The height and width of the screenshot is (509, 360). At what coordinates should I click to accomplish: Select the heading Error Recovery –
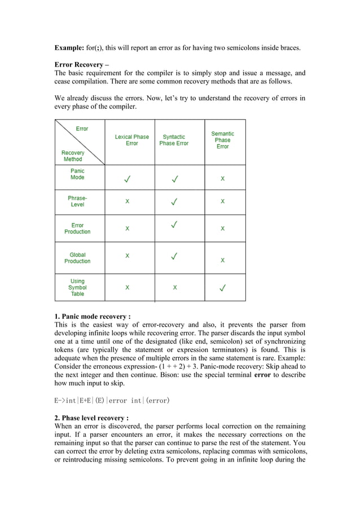pyautogui.click(x=81, y=65)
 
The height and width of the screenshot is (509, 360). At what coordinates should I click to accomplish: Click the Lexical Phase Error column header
pyautogui.click(x=131, y=140)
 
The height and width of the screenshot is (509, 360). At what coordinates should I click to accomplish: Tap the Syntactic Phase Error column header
pyautogui.click(x=174, y=140)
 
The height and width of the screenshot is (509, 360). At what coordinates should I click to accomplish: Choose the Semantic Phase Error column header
pyautogui.click(x=222, y=140)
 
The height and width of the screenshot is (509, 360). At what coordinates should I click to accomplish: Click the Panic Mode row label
pyautogui.click(x=77, y=174)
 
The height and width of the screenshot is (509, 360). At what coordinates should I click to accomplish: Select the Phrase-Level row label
pyautogui.click(x=77, y=201)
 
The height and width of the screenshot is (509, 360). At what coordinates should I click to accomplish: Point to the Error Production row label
pyautogui.click(x=77, y=229)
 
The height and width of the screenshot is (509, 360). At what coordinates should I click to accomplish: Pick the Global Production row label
pyautogui.click(x=77, y=258)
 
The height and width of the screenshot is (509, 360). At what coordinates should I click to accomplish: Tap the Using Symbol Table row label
pyautogui.click(x=77, y=287)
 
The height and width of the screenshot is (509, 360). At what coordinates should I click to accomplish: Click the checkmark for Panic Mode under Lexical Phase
pyautogui.click(x=128, y=180)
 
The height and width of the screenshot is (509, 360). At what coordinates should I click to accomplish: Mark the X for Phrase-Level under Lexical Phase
pyautogui.click(x=127, y=201)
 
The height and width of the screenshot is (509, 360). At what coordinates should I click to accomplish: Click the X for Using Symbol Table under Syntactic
pyautogui.click(x=175, y=287)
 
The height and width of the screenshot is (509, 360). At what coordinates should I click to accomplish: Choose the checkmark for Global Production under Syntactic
pyautogui.click(x=175, y=256)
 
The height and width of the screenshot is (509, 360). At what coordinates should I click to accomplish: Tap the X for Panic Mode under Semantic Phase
pyautogui.click(x=222, y=178)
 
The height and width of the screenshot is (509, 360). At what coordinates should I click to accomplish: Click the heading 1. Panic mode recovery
pyautogui.click(x=92, y=317)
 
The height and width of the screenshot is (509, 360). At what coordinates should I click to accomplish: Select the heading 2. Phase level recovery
pyautogui.click(x=91, y=418)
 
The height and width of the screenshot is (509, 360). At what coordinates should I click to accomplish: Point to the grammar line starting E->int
pyautogui.click(x=112, y=401)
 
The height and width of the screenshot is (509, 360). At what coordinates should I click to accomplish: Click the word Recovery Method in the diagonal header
pyautogui.click(x=73, y=156)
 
